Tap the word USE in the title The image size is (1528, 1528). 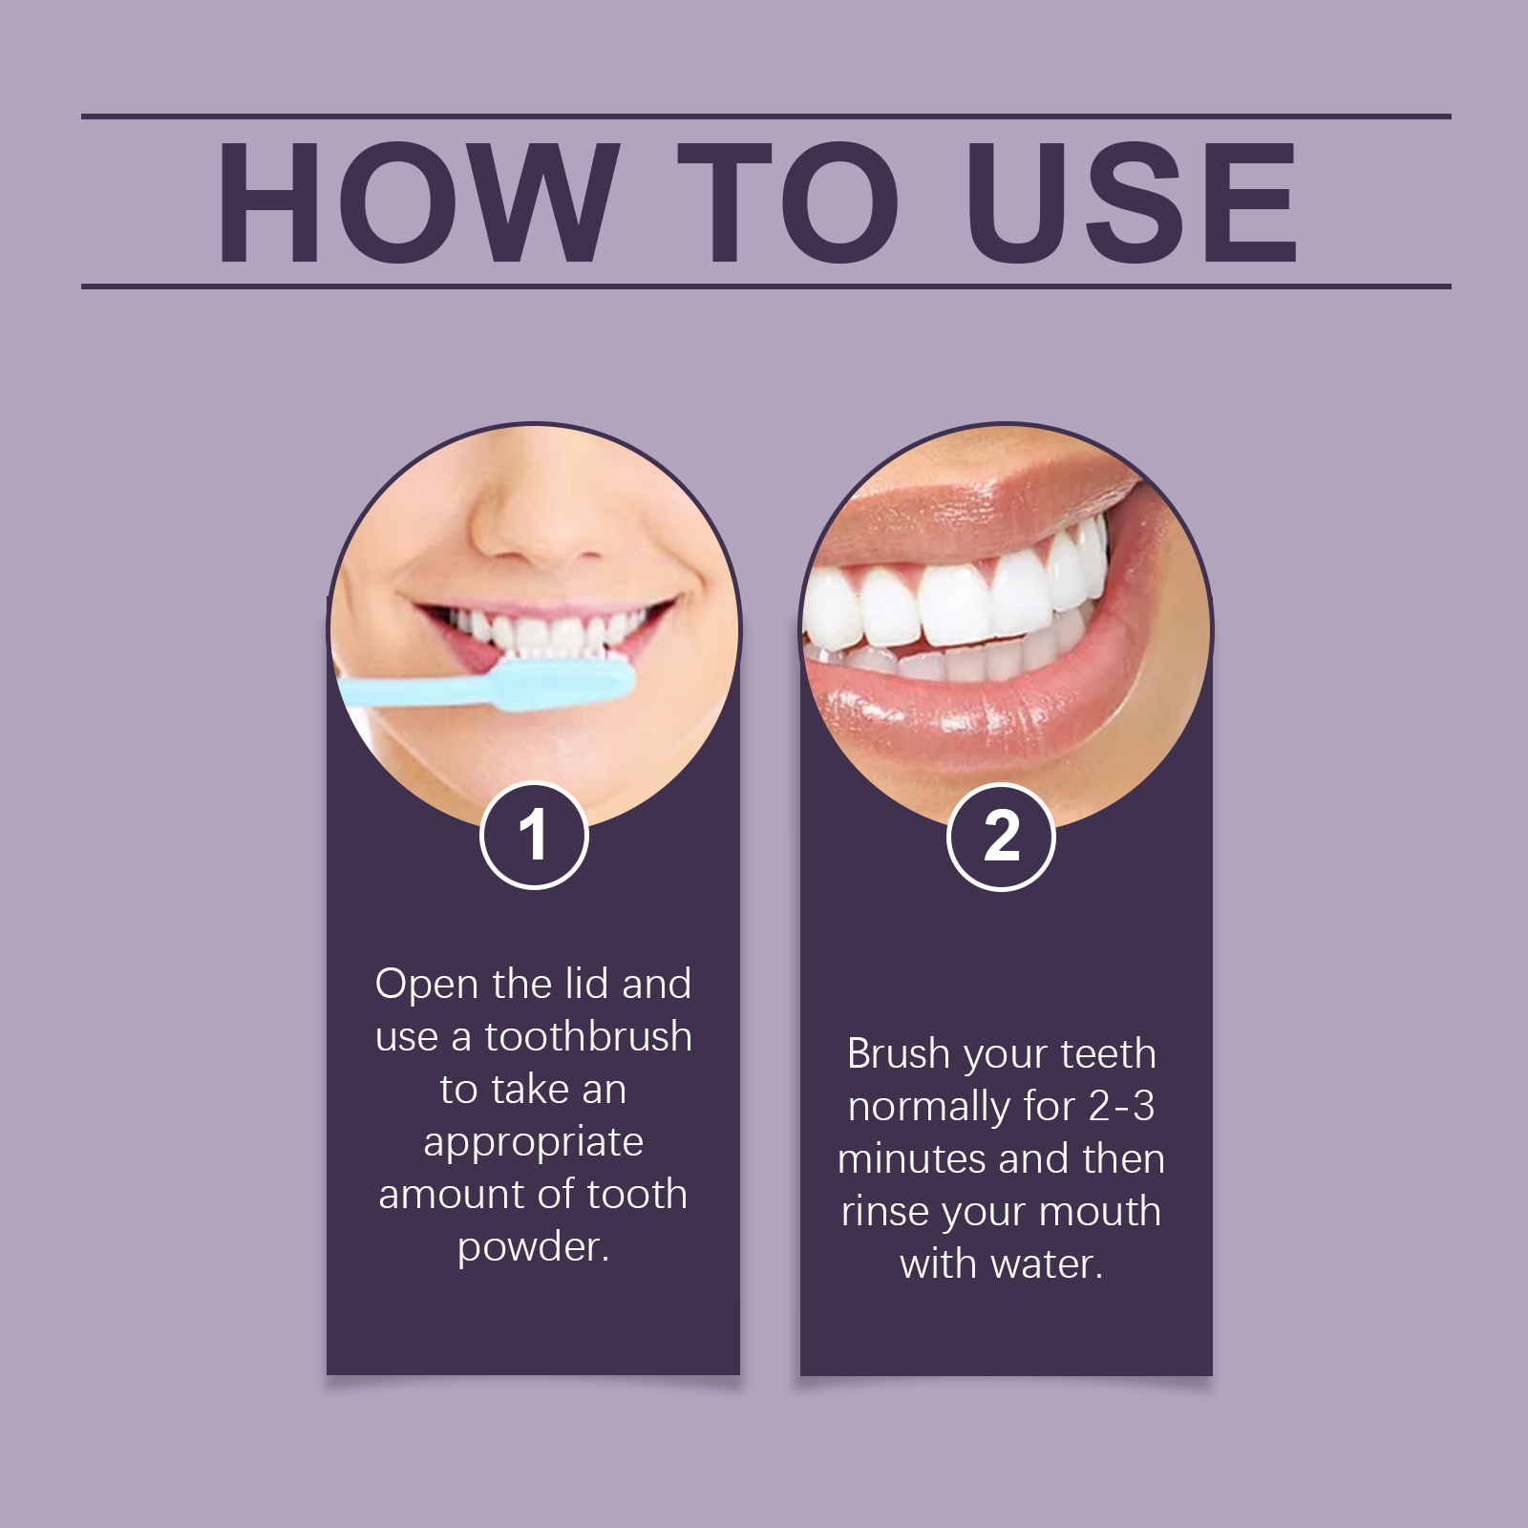1132,202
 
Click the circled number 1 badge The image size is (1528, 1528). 534,836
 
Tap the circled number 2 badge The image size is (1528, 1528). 1001,837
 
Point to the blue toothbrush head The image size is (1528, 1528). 563,683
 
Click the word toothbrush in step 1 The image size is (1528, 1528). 588,1036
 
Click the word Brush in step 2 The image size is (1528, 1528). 899,1054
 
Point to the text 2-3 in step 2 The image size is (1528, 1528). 1121,1107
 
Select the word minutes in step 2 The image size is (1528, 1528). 912,1158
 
